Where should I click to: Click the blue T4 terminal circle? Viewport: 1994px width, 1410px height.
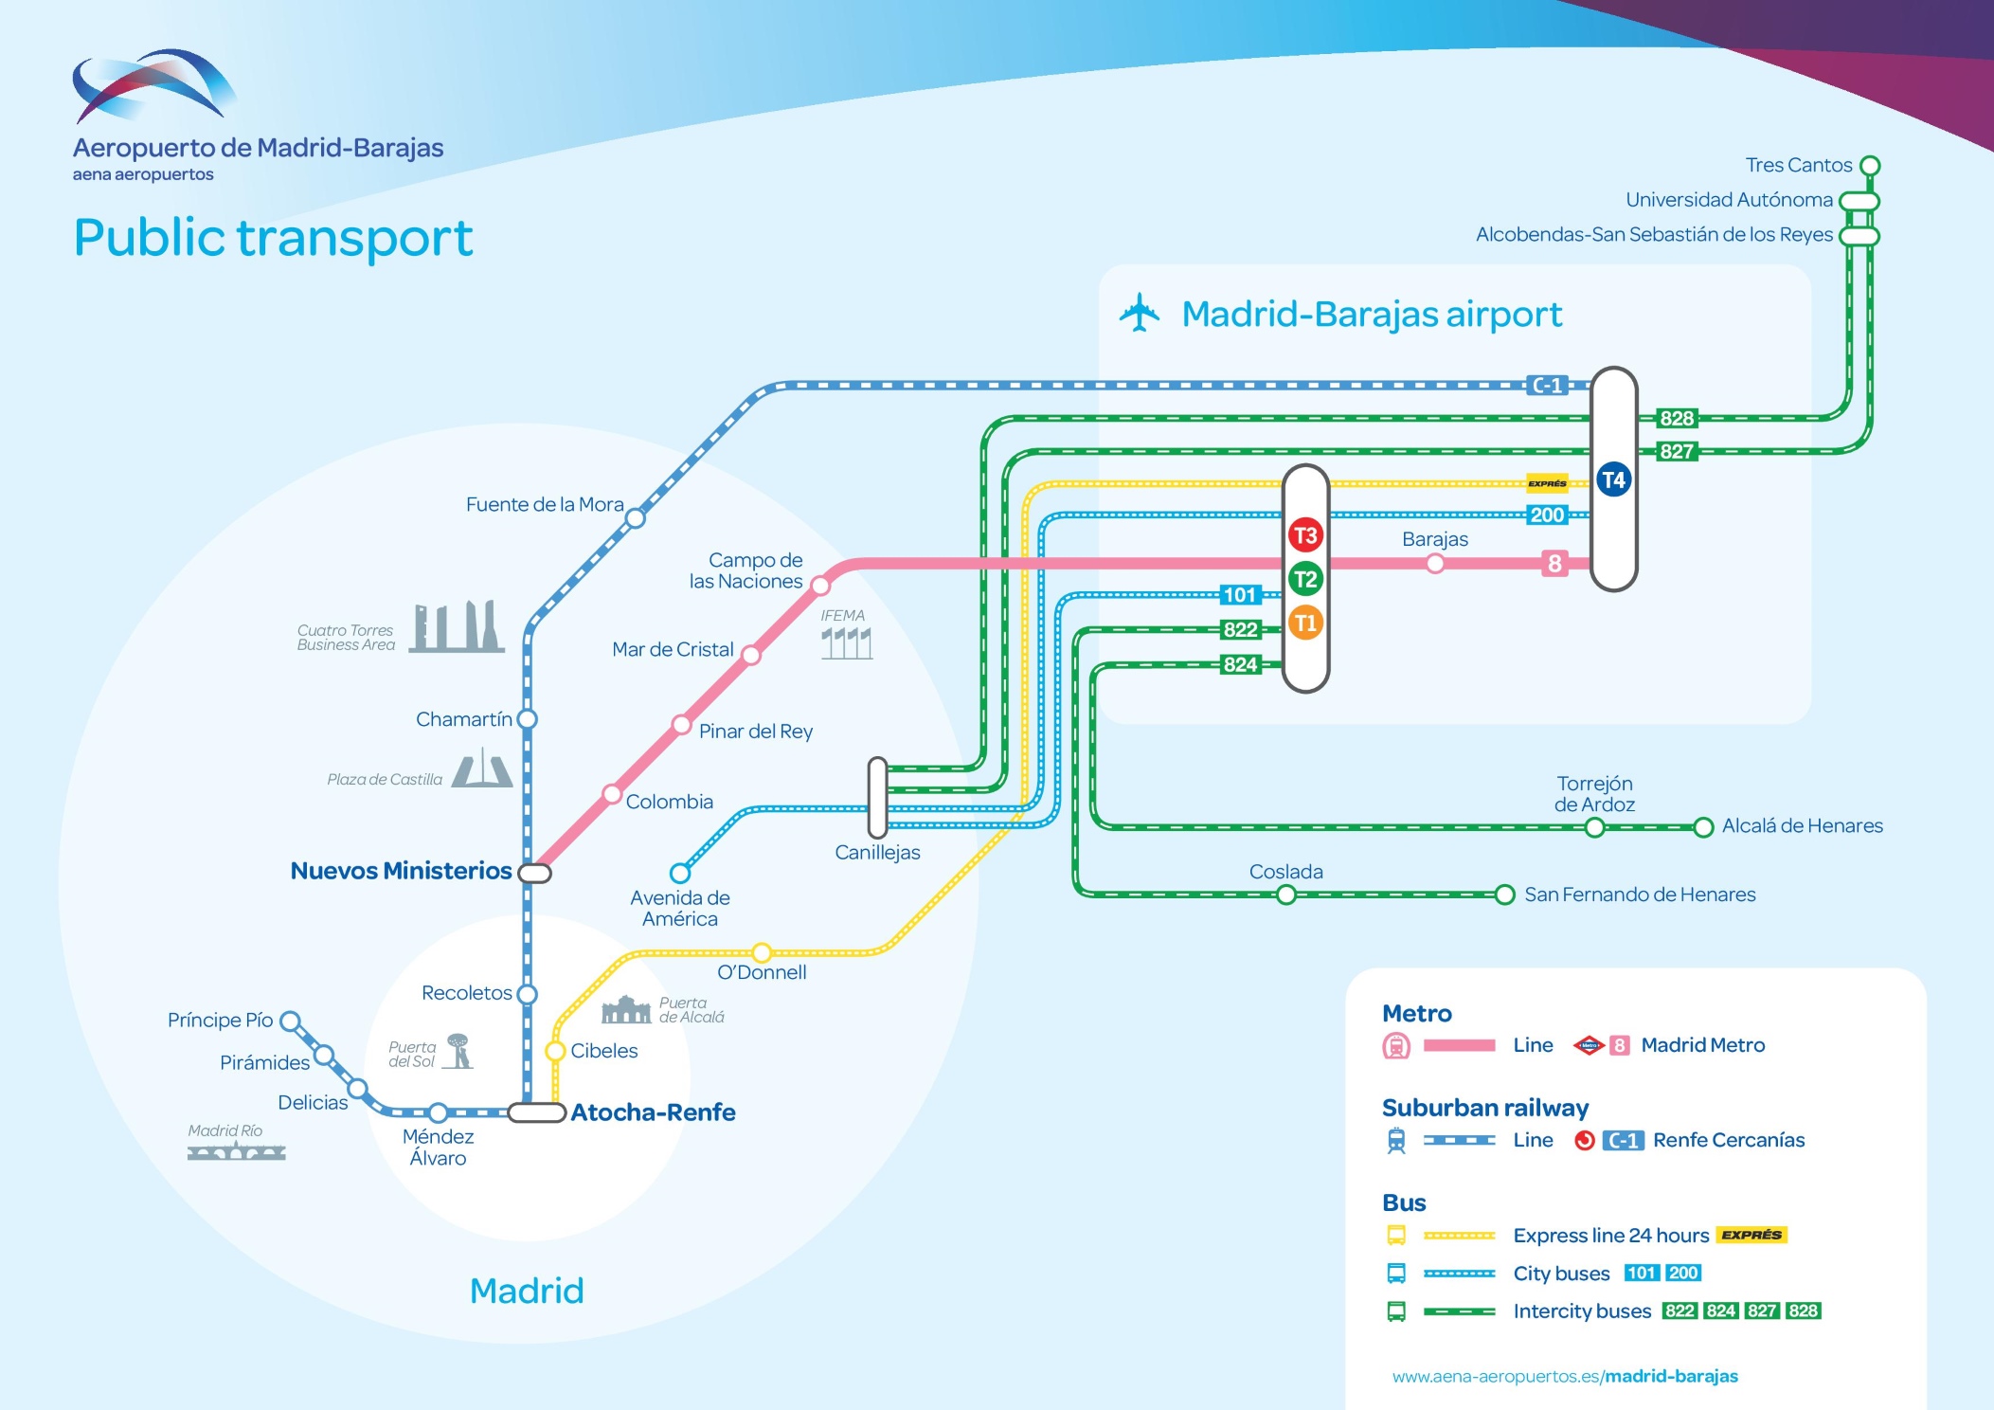pos(1613,479)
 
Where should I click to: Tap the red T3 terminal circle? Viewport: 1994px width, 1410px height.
pos(1305,535)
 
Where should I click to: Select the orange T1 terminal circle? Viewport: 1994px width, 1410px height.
pos(1305,623)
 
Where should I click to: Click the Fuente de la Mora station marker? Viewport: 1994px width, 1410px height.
pos(636,518)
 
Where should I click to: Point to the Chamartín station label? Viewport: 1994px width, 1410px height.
pos(463,719)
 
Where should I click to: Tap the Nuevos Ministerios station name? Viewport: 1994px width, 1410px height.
pos(401,871)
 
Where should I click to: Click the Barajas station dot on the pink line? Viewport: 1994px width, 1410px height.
pos(1435,564)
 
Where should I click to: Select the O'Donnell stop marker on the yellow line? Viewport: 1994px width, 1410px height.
pos(762,951)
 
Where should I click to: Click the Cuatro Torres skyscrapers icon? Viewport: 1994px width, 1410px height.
pos(457,626)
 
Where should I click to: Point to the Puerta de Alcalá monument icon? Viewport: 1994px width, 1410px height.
pos(625,1010)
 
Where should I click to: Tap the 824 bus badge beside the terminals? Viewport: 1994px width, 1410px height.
pos(1240,664)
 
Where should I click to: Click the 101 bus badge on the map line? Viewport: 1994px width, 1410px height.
pos(1239,595)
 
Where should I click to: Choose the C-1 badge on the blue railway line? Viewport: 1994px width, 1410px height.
pos(1548,386)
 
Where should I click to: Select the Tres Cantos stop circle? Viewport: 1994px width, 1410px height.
pos(1870,166)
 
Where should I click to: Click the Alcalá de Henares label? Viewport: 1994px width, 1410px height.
pos(1802,825)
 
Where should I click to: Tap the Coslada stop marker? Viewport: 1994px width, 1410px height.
pos(1285,895)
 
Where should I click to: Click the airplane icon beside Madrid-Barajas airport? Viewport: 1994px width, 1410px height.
pos(1140,313)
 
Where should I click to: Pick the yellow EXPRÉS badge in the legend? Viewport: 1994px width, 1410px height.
pos(1751,1235)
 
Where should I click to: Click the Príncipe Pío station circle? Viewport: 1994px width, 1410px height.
pos(291,1021)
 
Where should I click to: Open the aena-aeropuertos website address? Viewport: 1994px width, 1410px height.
pos(1565,1376)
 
